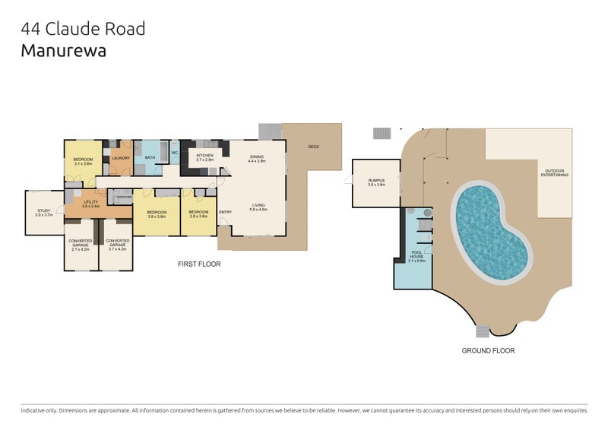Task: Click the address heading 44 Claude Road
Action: point(83,30)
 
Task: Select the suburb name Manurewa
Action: point(64,51)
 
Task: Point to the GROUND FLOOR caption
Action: point(488,351)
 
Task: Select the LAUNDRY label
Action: point(121,158)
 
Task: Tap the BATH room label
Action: point(150,158)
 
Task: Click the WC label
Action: point(174,153)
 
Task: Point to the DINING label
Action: point(256,159)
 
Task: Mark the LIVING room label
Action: point(258,206)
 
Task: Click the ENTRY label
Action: point(225,212)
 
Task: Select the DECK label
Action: point(312,147)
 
